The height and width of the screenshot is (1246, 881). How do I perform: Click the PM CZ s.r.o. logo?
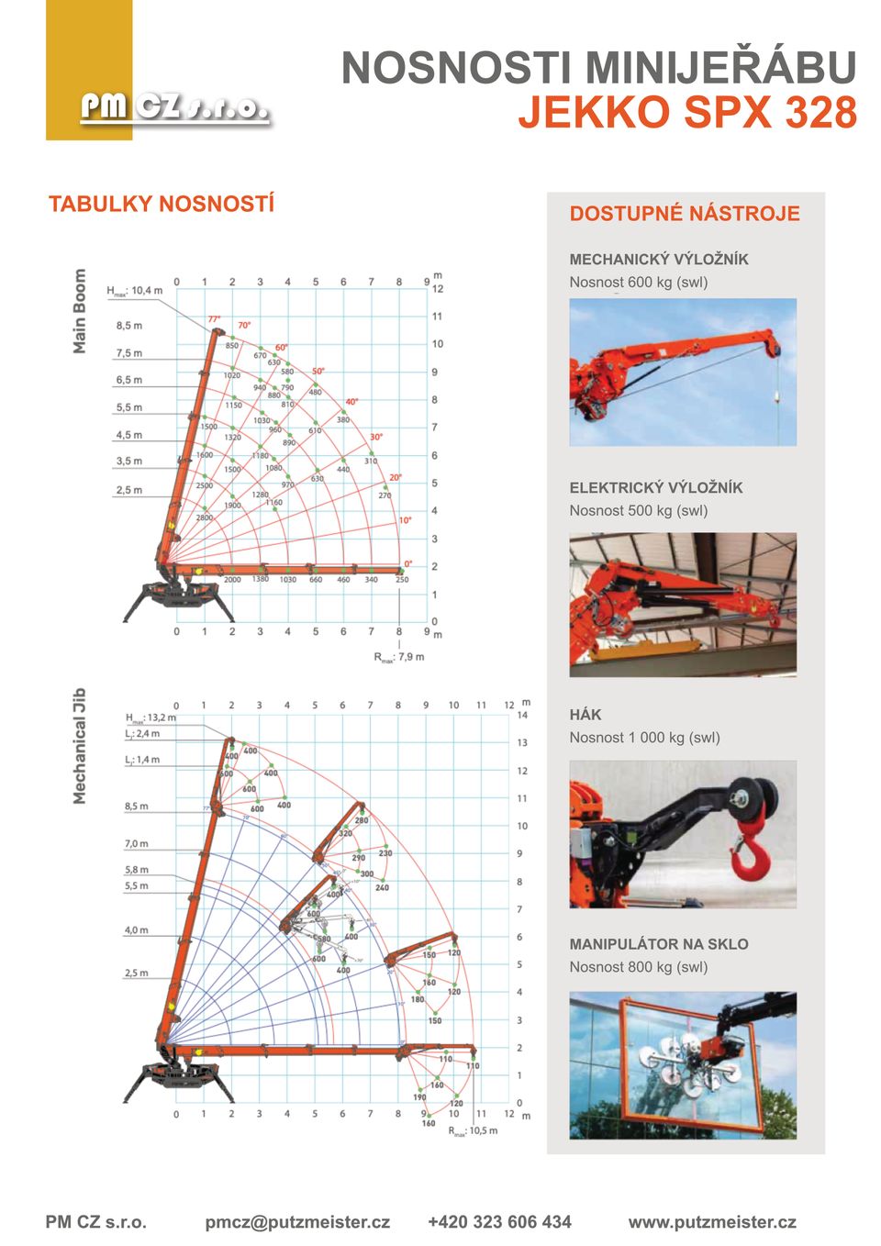coord(174,108)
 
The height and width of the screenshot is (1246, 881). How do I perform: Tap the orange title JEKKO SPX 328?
coord(687,113)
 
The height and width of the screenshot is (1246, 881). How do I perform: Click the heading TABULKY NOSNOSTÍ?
coord(162,204)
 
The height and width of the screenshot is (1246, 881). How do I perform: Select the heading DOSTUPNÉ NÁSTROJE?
coord(685,214)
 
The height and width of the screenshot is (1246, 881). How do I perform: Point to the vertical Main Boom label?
coord(80,311)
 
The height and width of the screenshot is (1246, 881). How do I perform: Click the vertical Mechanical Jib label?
coord(80,746)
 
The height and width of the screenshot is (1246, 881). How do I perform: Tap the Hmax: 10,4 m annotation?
coord(134,291)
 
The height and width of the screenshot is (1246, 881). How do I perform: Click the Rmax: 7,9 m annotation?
coord(399,657)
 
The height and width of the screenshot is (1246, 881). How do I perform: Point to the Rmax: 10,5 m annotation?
coord(474,1131)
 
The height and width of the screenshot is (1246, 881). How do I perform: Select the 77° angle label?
coord(214,319)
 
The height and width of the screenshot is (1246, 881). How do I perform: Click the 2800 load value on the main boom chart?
coord(204,517)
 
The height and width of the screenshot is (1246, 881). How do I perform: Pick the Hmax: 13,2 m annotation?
coord(151,718)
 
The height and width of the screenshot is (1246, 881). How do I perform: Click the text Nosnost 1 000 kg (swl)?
coord(644,738)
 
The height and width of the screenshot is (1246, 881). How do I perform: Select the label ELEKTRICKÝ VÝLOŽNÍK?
coord(656,488)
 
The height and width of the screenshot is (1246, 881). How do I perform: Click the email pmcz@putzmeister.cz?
coord(297,1222)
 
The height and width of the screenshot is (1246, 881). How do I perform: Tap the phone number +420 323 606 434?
coord(499,1222)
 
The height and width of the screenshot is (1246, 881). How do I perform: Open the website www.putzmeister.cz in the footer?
coord(712,1222)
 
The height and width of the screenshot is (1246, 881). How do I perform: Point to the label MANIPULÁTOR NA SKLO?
coord(659,944)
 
